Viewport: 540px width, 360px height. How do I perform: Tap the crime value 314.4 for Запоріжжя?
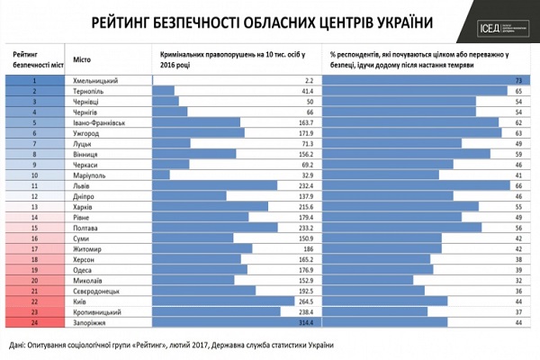point(301,321)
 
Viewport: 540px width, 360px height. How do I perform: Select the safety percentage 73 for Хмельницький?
point(519,80)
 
